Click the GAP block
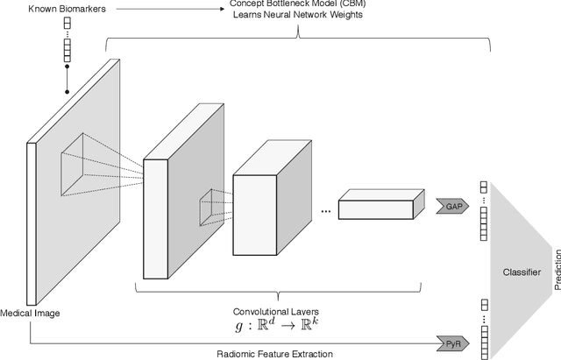point(451,206)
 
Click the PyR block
point(451,342)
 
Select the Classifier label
point(521,273)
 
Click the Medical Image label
point(31,313)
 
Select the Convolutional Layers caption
point(276,312)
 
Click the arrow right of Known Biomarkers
point(174,9)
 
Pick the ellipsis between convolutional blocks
point(325,211)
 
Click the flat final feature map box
point(375,206)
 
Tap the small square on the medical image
point(83,166)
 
